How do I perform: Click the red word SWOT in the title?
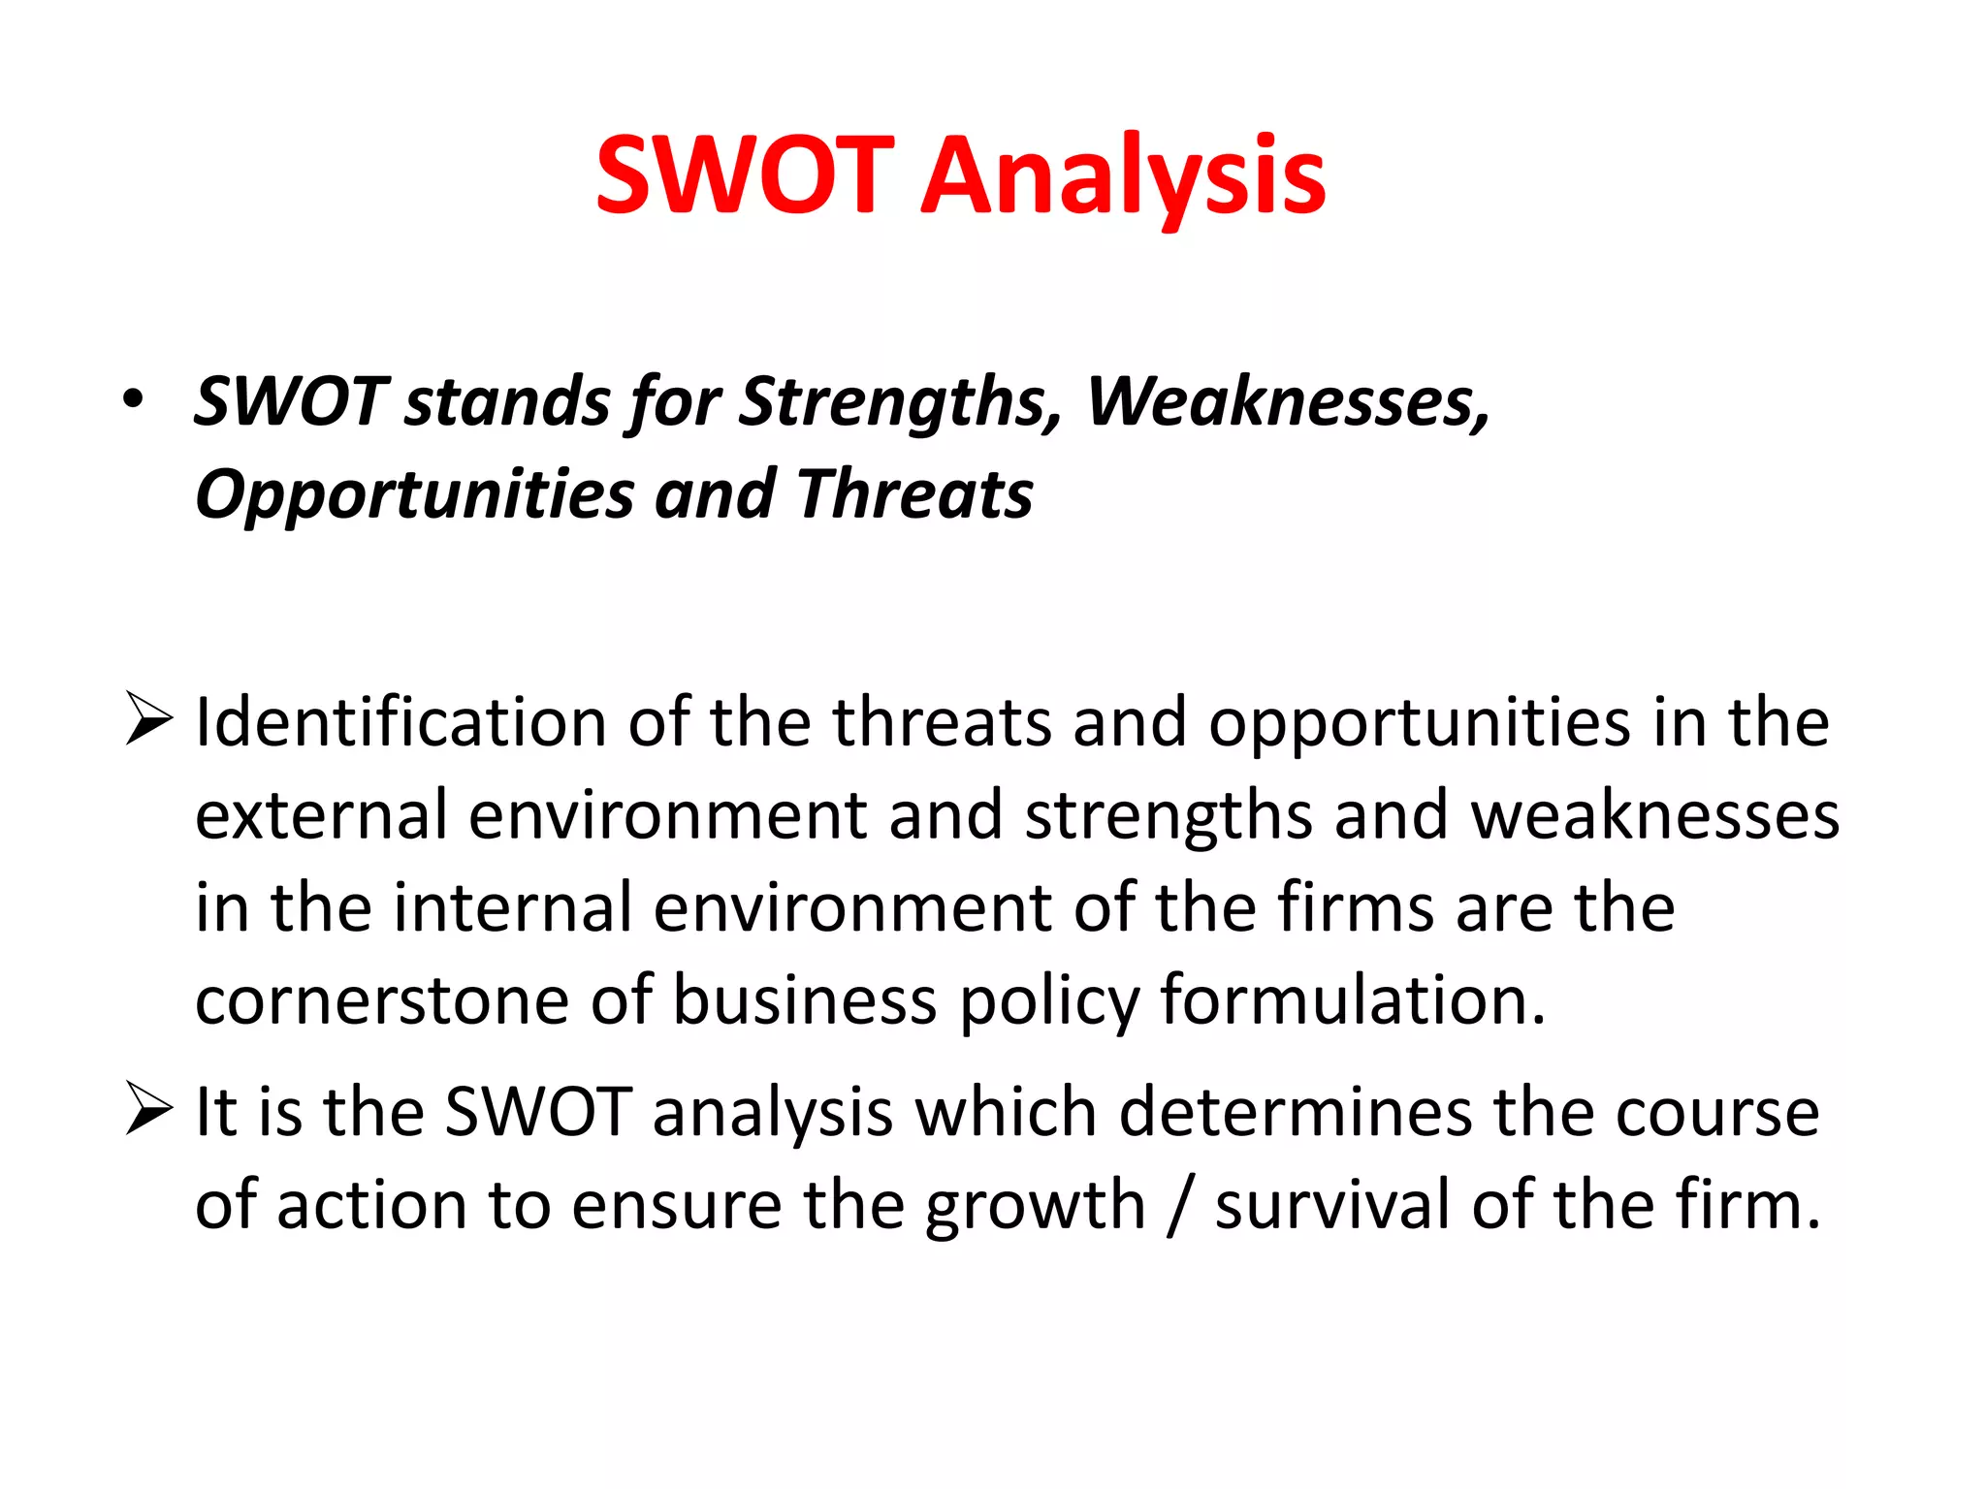pos(744,175)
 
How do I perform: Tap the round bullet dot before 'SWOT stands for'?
pos(134,398)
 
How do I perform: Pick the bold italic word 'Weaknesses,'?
pos(1288,401)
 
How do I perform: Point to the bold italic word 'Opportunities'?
pos(414,495)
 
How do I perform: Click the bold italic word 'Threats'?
pos(914,493)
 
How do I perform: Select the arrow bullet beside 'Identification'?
pos(148,721)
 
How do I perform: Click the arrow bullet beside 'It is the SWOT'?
pos(148,1109)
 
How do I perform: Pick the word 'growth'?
pos(1035,1206)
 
